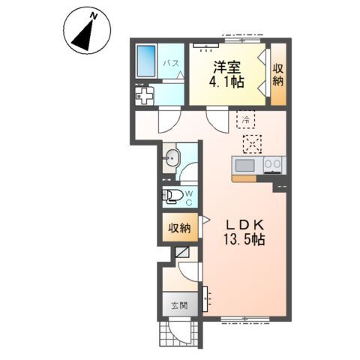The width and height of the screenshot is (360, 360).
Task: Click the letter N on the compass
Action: point(94,16)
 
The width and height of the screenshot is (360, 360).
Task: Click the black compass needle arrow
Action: point(83,36)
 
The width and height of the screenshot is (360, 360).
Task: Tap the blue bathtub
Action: point(145,61)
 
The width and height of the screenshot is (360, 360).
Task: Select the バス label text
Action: point(171,63)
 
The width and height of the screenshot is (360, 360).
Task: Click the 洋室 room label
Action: point(227,67)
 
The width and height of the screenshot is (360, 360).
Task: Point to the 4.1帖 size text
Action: point(226,81)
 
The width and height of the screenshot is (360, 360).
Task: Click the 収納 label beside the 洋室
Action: point(278,74)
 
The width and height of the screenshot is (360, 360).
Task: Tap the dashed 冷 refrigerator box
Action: point(246,119)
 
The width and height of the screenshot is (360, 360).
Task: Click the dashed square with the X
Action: point(253,144)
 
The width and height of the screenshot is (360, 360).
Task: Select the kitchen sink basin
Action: point(245,165)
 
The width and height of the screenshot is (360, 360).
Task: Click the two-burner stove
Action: point(272,165)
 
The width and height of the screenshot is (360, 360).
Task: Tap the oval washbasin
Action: point(171,158)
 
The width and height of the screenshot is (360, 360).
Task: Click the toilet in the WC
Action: point(170,196)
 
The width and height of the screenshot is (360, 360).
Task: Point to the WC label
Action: point(189,198)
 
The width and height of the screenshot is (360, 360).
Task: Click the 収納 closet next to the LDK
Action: point(180,228)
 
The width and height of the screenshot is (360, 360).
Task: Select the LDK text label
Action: point(245,226)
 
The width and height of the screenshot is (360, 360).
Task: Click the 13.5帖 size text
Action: point(244,240)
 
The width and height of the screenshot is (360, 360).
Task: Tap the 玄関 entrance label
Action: point(179,305)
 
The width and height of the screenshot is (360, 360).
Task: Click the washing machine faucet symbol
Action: point(144,96)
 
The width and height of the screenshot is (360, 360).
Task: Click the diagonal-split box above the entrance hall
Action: point(182,253)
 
